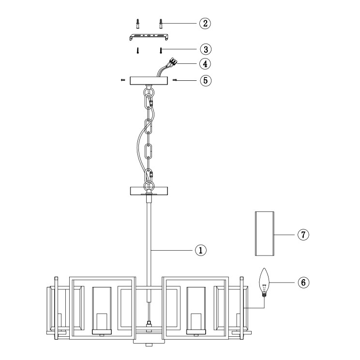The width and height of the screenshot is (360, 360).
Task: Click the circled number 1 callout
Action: click(201, 250)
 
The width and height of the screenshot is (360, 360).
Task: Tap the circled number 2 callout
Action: click(205, 23)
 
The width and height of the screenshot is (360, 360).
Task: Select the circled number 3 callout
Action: click(206, 49)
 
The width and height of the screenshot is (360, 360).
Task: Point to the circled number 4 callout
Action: click(205, 63)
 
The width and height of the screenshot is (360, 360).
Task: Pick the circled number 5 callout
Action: click(206, 80)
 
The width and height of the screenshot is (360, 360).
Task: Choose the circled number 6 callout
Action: click(303, 282)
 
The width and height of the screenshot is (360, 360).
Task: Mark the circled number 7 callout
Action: click(303, 235)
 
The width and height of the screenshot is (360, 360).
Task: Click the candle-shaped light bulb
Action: click(264, 283)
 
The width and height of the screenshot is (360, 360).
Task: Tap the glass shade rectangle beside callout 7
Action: click(265, 234)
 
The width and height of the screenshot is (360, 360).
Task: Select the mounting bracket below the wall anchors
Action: click(149, 37)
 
